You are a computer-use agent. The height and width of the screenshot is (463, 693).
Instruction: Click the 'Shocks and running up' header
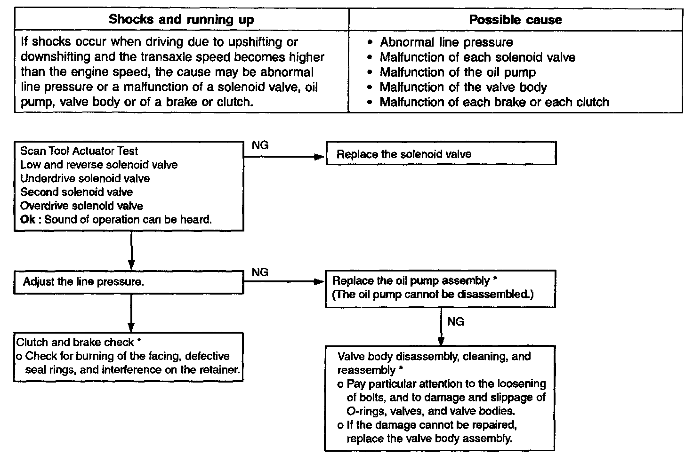click(181, 19)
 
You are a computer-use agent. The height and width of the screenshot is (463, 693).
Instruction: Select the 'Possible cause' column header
click(516, 20)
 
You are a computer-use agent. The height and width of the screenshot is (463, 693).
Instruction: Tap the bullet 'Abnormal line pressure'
click(446, 42)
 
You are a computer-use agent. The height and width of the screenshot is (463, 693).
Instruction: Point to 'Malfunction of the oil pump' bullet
click(458, 72)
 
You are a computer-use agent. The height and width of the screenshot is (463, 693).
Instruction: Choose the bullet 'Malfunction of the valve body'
click(463, 87)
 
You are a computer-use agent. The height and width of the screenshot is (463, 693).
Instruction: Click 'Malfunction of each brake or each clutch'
click(494, 102)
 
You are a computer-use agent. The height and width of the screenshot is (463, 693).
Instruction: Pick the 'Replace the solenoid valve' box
click(441, 153)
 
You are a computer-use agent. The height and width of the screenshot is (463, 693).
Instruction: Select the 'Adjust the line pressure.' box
click(129, 282)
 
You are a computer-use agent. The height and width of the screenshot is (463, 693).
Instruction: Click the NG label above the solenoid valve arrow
click(260, 145)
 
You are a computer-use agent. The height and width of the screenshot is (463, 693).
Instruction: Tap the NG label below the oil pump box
click(456, 322)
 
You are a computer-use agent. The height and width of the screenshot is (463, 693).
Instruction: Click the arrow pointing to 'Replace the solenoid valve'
click(284, 157)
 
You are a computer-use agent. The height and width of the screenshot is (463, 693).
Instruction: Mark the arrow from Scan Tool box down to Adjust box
click(131, 250)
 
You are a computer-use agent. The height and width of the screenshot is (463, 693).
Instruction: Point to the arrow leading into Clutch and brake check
click(131, 313)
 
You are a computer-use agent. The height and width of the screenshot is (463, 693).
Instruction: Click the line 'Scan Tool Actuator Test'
click(79, 151)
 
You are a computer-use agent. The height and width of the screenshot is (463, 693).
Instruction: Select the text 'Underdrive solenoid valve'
click(85, 178)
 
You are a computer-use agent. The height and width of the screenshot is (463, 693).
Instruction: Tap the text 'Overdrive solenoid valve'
click(81, 206)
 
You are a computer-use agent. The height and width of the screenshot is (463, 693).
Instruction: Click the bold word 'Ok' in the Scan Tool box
click(28, 220)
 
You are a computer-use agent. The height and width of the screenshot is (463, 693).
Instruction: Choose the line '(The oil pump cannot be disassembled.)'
click(433, 294)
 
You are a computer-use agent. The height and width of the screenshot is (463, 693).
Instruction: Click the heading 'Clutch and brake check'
click(75, 343)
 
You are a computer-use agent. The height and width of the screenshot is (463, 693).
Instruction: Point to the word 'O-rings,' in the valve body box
click(366, 411)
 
